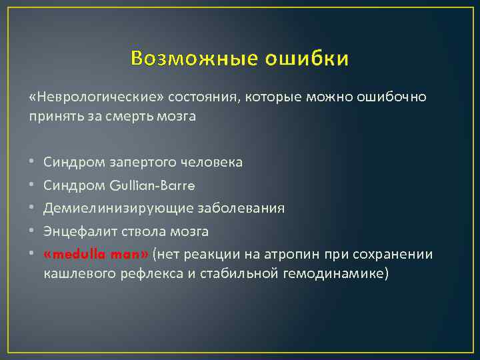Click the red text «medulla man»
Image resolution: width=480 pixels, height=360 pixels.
(x=97, y=255)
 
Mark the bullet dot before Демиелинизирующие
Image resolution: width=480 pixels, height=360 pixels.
(x=31, y=209)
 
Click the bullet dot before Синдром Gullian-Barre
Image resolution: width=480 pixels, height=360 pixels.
(x=31, y=185)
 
